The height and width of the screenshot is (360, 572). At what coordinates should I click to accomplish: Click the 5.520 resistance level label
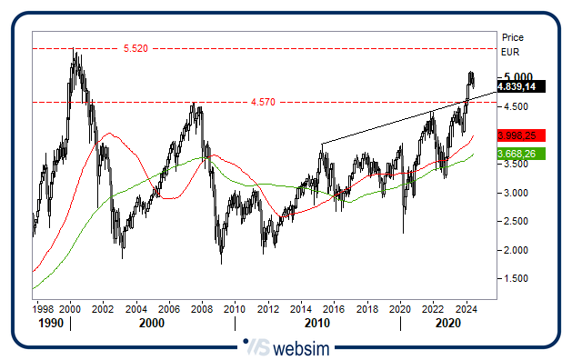(135, 47)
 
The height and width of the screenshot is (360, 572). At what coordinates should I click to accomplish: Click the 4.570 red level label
(262, 102)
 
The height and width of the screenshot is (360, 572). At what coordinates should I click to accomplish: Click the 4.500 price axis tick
(517, 106)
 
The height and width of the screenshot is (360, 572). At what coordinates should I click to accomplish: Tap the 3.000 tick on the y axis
(517, 193)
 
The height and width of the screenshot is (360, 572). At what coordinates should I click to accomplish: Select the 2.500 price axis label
(517, 222)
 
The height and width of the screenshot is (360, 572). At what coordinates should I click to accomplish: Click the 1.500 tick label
(517, 279)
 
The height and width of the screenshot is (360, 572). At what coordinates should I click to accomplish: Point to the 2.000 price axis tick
(517, 250)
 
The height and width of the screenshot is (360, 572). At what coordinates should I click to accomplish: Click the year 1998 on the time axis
(43, 309)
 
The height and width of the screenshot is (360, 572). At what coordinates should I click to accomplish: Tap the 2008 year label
(202, 309)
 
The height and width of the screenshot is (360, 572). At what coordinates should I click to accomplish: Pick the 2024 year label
(467, 309)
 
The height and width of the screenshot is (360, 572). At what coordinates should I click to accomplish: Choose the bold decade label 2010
(316, 323)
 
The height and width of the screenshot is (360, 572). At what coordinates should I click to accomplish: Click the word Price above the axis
(513, 37)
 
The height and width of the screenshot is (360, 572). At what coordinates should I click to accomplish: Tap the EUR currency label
(511, 52)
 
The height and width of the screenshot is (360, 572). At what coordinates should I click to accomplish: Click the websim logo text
(299, 345)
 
